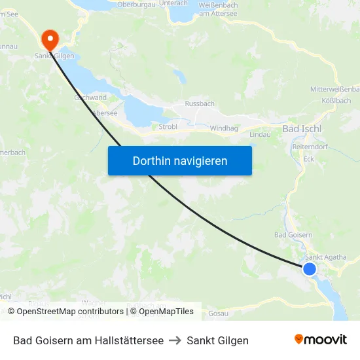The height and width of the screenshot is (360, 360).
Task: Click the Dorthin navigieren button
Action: point(180,160)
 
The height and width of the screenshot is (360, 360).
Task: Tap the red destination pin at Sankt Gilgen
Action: point(50,40)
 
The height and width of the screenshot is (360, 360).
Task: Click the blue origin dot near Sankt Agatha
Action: point(310,269)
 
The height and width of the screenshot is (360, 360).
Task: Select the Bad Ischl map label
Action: point(302,129)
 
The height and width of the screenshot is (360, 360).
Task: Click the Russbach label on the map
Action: point(200,103)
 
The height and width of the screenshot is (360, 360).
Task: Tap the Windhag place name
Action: point(224,128)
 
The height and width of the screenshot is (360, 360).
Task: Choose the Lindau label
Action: point(260,134)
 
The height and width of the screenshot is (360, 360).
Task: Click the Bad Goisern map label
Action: point(293,235)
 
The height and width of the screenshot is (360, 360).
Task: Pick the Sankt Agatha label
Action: point(326,257)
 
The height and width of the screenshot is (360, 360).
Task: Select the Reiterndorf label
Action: point(315,147)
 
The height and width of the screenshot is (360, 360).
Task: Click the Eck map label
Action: point(310,158)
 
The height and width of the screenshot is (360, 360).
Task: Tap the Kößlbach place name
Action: point(336,101)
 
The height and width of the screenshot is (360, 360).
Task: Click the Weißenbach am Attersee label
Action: point(218,9)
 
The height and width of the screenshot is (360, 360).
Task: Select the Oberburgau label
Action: point(135,5)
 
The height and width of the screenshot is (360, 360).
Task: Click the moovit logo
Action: point(321,339)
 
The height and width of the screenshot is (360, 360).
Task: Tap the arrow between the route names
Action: point(175,340)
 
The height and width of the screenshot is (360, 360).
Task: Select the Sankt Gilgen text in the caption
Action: point(218,340)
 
